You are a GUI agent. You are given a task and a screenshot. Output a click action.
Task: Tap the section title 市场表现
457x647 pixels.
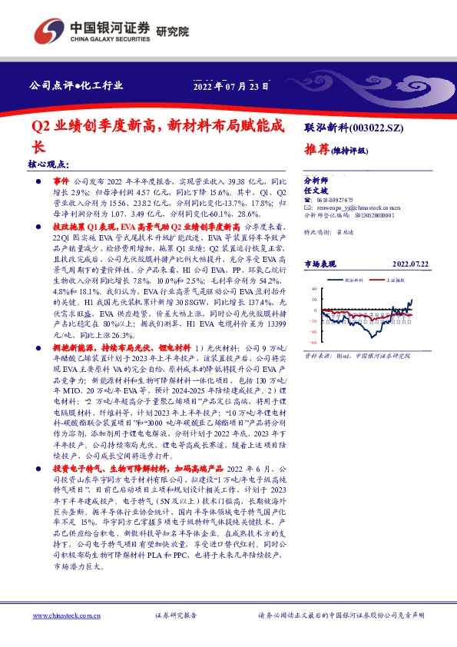[x=321, y=264]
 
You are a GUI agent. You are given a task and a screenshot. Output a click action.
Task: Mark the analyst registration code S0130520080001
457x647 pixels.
[x=374, y=216]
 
